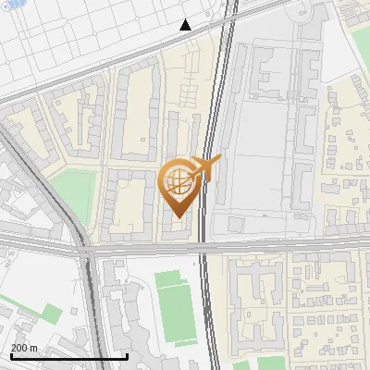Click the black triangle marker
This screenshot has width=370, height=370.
click(x=186, y=25)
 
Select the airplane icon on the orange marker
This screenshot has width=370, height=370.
click(x=205, y=167)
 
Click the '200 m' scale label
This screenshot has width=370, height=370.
click(x=24, y=348)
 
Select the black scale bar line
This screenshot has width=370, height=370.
click(x=68, y=357)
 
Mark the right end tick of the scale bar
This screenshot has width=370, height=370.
click(x=127, y=355)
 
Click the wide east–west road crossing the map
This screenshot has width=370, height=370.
click(x=277, y=249)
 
